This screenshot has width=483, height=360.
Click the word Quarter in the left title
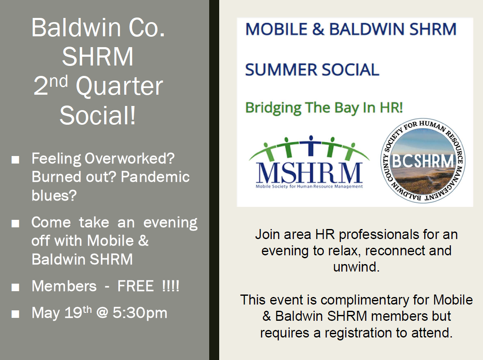click(x=119, y=87)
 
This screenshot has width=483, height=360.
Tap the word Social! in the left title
click(x=98, y=115)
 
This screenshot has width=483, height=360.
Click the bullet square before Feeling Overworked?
click(x=15, y=160)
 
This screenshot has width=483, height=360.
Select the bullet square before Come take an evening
click(x=15, y=224)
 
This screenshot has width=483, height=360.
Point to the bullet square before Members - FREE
click(x=15, y=287)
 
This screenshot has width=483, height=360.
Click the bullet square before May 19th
click(x=15, y=314)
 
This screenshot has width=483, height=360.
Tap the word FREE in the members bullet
click(x=135, y=286)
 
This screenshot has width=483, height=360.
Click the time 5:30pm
click(x=140, y=313)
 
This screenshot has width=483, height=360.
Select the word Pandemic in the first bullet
click(x=155, y=177)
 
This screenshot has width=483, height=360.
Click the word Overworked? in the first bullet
click(x=129, y=159)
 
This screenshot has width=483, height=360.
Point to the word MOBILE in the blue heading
click(x=276, y=29)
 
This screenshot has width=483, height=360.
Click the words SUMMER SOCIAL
click(x=312, y=69)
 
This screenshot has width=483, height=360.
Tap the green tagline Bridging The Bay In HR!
click(x=324, y=108)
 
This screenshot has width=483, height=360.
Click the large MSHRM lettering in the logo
click(x=309, y=173)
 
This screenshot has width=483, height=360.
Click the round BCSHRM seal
click(x=423, y=160)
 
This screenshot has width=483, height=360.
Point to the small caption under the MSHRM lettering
click(x=309, y=186)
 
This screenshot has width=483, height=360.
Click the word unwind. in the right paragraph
click(x=356, y=267)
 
